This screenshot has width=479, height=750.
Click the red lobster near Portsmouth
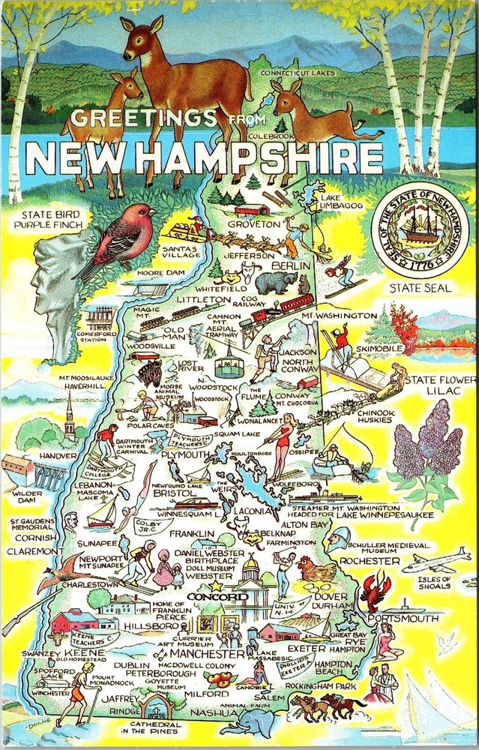pyautogui.click(x=373, y=591)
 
